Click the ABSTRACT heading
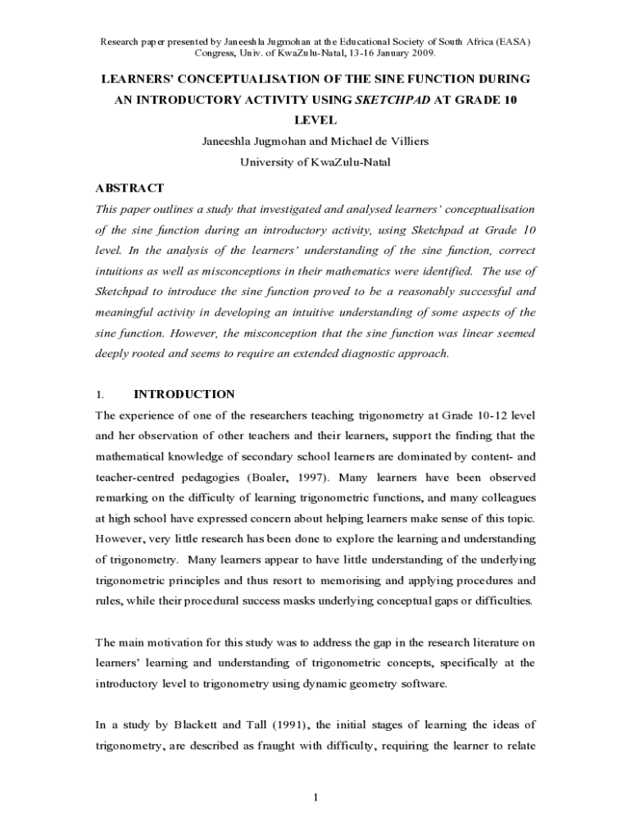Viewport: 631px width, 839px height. click(x=129, y=188)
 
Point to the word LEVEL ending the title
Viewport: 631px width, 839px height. click(x=315, y=120)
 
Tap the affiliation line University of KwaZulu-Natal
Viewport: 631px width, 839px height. click(x=315, y=162)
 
